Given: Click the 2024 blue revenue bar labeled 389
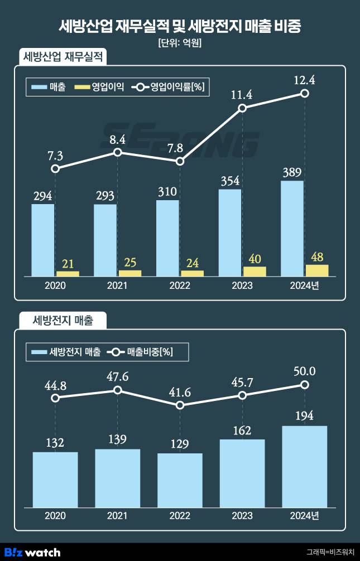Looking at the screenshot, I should (292, 228).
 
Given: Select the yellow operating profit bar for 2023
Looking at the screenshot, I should (255, 272).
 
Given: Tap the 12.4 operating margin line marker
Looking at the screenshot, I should (305, 94).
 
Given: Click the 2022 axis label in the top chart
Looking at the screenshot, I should (180, 286).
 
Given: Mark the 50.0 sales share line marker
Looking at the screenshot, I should (305, 385).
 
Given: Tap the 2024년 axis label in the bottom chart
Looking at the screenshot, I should (304, 516).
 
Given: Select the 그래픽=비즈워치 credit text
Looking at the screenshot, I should (330, 553).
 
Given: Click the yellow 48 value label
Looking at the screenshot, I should (317, 256).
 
